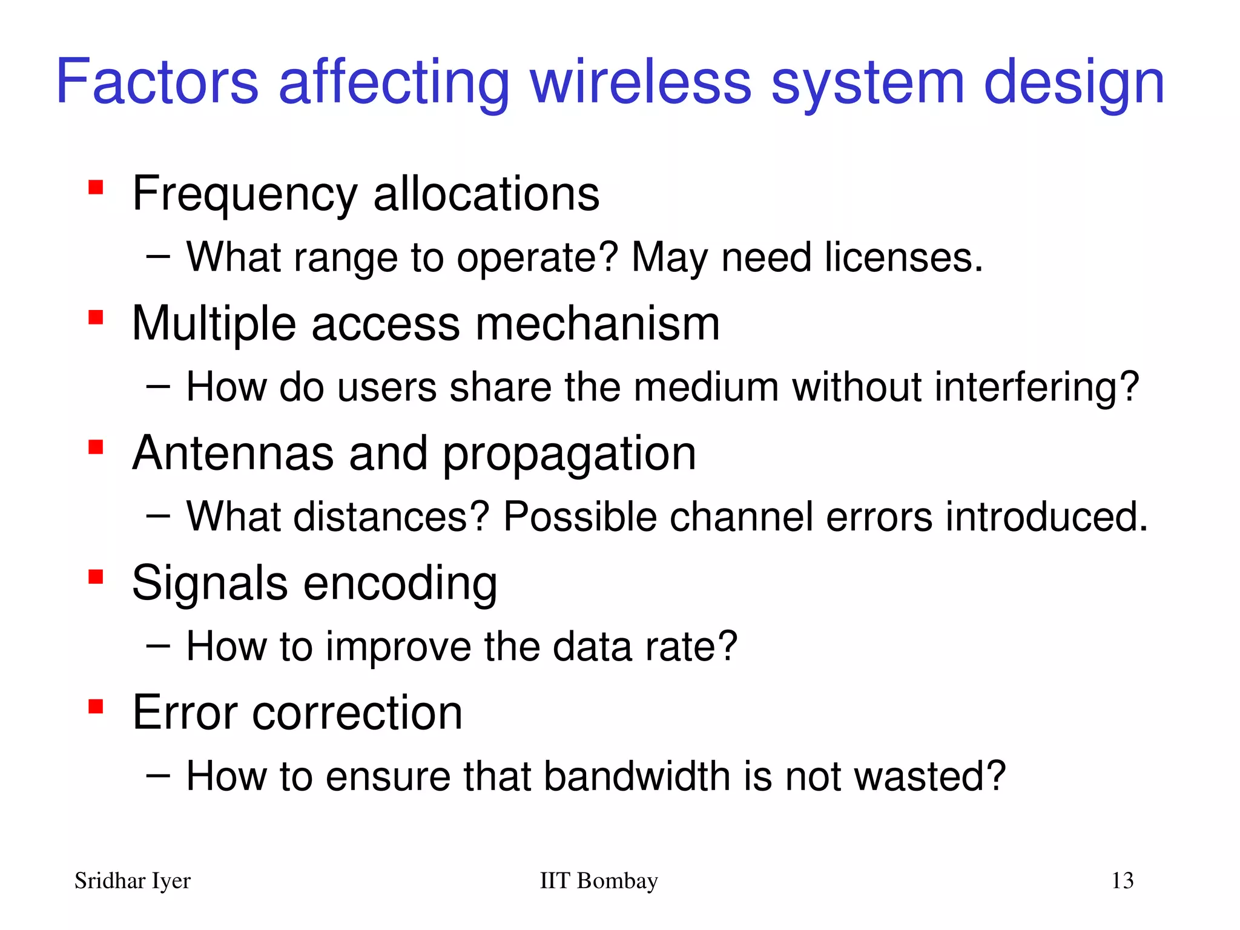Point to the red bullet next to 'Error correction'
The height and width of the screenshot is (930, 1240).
(96, 706)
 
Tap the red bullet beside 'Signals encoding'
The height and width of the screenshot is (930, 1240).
(96, 576)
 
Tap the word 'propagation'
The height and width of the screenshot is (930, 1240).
(569, 455)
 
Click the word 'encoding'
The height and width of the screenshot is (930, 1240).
(400, 585)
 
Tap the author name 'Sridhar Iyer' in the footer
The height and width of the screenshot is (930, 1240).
(132, 881)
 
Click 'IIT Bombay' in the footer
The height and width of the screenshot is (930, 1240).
(598, 881)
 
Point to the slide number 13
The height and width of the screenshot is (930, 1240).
(1122, 881)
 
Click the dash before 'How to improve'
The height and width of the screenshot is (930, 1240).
(157, 646)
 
